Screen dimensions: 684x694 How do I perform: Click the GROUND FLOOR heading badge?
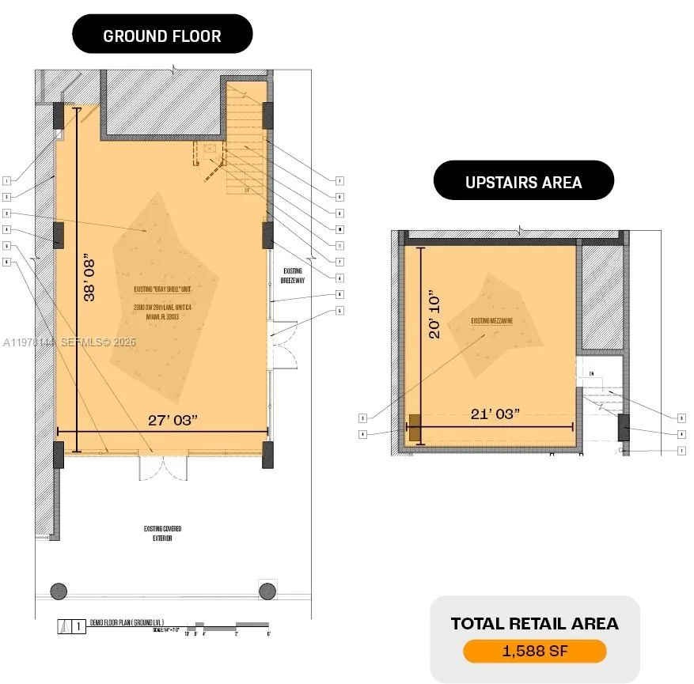point(162,36)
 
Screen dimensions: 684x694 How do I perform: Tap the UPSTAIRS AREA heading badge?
point(523,182)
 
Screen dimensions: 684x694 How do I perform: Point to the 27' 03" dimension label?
point(173,419)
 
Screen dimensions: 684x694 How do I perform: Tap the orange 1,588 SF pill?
point(534,651)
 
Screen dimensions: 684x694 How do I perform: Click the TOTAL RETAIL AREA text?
point(534,624)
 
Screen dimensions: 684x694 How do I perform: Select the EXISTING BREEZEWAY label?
point(292,274)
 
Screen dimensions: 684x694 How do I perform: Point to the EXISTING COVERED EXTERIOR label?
point(161,533)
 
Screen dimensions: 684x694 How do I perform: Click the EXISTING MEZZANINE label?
point(492,320)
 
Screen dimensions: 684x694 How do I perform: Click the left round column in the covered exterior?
point(59,590)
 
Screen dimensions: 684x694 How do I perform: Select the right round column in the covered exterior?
point(267,590)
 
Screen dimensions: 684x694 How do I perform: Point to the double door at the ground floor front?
point(163,467)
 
